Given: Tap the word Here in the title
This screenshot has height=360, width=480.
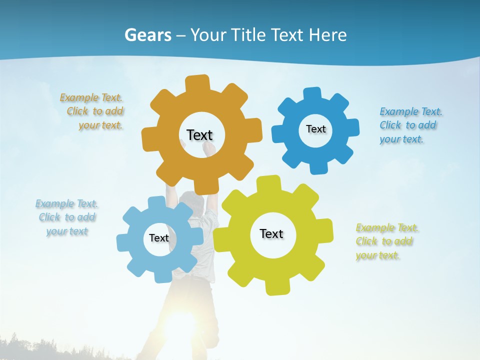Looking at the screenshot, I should [328, 35].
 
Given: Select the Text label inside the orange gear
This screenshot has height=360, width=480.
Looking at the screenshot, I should [199, 135].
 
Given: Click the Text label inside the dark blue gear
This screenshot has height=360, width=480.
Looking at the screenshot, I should [315, 129].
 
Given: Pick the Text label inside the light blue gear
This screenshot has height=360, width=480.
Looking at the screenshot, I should [159, 238].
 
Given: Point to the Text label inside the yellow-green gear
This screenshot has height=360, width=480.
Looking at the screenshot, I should [271, 233].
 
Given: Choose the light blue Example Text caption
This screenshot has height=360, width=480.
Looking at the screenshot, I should [67, 217].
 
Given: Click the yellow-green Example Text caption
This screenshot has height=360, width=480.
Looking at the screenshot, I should [386, 241].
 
